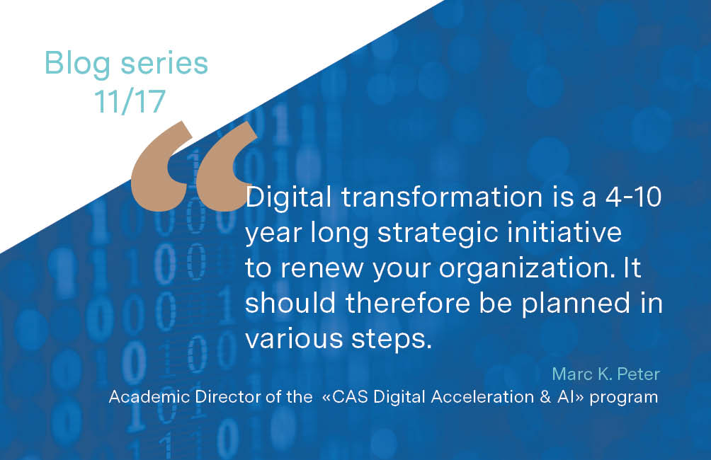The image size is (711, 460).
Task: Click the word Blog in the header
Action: coord(74,64)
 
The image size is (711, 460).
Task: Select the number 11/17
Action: coord(130,101)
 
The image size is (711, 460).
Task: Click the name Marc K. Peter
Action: coord(605,374)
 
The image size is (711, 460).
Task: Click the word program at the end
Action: coord(630,398)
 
